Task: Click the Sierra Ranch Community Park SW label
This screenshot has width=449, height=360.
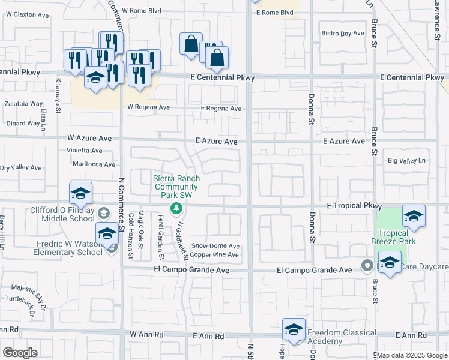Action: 176,187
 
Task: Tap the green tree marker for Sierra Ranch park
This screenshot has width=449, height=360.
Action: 176,209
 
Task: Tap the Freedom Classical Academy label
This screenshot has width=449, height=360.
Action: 342,337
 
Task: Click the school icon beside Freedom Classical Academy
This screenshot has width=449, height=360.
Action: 294,330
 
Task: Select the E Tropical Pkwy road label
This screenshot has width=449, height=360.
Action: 354,206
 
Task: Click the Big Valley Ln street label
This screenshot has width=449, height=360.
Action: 406,161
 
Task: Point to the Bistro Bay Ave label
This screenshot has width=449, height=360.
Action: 343,34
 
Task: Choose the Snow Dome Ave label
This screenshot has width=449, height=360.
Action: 215,246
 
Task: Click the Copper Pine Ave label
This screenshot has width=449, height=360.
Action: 215,255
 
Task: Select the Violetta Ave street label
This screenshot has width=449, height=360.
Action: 84,151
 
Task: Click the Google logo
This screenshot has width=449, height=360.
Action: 20,353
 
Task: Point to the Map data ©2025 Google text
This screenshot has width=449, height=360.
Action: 411,355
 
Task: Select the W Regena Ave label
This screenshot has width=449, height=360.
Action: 148,107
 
